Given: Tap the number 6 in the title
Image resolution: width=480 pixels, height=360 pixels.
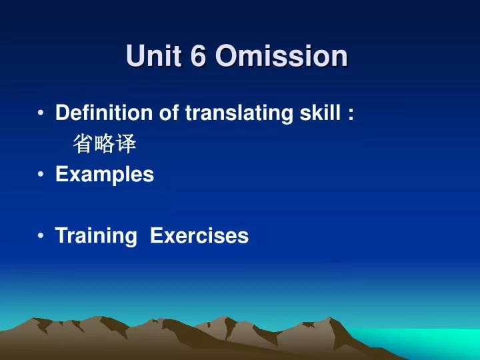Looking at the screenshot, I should point(199,56).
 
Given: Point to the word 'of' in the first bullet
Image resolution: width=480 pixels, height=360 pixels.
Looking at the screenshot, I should point(169,114).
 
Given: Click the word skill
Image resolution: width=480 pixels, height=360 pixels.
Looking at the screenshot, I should point(319,114).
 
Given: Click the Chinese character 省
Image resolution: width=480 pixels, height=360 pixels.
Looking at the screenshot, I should point(83,144).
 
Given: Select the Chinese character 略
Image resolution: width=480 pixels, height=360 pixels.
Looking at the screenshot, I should point(105,144).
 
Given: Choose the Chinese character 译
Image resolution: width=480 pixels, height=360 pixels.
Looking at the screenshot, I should point(127,144).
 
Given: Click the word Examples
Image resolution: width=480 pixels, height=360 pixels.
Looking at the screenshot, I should point(105,175).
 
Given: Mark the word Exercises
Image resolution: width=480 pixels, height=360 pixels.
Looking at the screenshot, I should point(199,235).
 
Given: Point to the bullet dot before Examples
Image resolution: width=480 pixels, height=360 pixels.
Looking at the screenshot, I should point(43,175).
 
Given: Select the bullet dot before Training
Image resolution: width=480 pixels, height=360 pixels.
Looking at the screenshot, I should point(43,235).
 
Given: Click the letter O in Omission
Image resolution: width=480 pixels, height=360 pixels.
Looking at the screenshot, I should point(227,56).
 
